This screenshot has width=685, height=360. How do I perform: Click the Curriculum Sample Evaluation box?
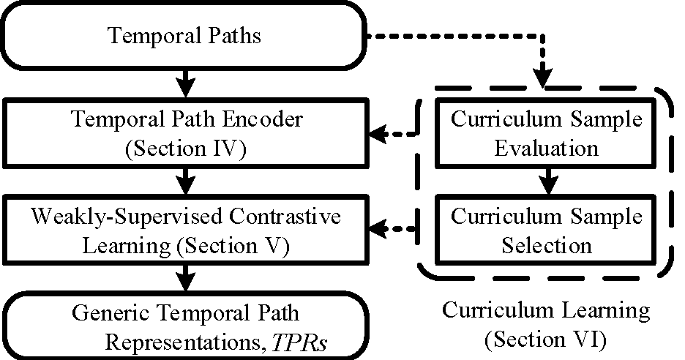click(545, 134)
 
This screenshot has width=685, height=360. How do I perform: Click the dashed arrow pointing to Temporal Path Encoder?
click(392, 134)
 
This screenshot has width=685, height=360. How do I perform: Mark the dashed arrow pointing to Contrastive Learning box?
click(392, 230)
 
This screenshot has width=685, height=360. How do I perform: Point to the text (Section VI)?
click(545, 339)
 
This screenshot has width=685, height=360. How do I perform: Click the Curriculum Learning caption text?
click(545, 310)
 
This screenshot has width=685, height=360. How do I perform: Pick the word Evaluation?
click(545, 149)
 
